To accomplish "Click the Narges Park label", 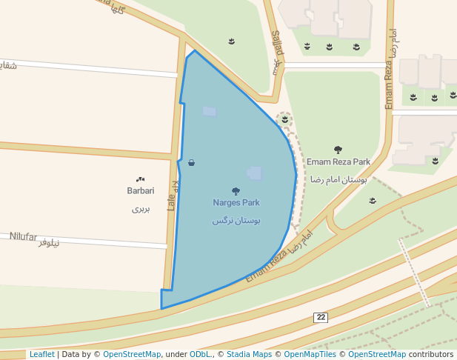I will coord(236,202).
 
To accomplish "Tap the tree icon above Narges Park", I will coord(236,191).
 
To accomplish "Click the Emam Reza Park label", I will coord(338,161).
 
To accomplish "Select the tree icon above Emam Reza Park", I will coord(338,150).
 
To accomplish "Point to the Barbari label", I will coord(140,190).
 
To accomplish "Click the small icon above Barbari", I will coord(140,179).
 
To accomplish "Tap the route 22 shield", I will coord(320,317).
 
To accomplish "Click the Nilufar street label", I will coord(23,236).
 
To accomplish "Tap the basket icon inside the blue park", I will coord(192,163).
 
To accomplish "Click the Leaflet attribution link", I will coord(41,355).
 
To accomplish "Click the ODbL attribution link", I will coord(199,355).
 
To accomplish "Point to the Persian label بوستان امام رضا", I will coord(339,179).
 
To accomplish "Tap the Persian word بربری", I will coord(141,209).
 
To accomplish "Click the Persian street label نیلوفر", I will coord(53,243).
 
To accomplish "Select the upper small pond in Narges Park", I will coord(210,111).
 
